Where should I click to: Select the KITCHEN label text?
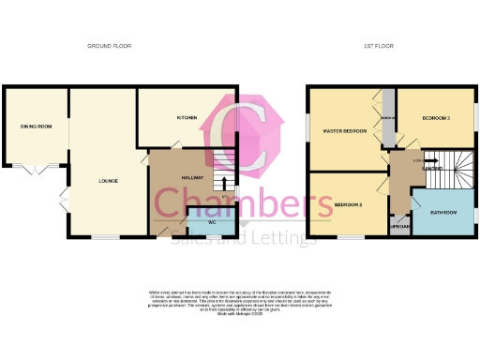[187, 118]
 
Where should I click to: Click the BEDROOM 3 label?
[434, 119]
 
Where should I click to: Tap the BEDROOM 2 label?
[347, 203]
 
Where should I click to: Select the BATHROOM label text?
[443, 213]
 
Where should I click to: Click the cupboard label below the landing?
[400, 228]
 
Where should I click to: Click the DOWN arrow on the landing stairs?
[418, 161]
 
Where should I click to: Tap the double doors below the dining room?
[34, 171]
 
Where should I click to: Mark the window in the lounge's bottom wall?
[104, 236]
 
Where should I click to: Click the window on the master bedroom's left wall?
[307, 128]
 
